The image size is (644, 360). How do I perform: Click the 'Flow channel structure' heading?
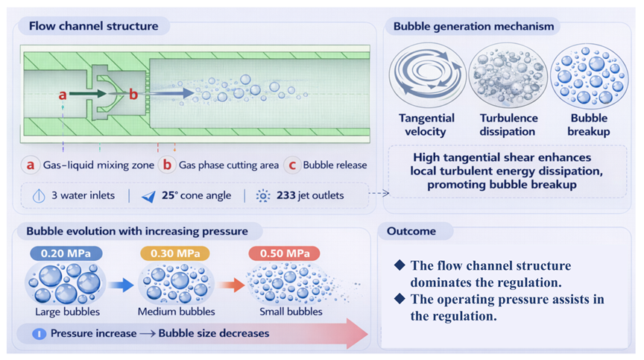click(x=93, y=27)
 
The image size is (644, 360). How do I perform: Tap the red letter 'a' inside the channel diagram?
click(x=63, y=95)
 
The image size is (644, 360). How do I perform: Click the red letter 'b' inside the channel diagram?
click(x=133, y=95)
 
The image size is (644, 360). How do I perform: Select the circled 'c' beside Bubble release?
click(x=291, y=165)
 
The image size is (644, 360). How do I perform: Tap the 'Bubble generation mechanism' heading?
click(x=473, y=27)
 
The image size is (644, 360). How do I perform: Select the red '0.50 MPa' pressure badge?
click(x=284, y=254)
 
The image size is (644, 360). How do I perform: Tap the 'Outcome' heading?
click(x=411, y=231)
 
